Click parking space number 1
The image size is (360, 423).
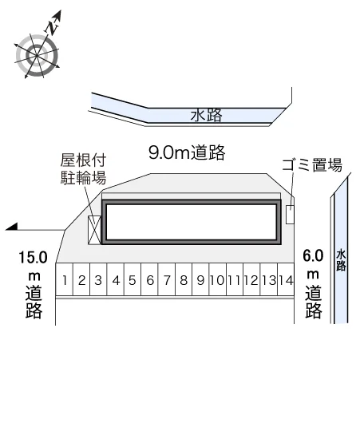pos(64,279)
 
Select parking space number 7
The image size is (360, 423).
pos(167,279)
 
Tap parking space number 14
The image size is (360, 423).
pos(286,279)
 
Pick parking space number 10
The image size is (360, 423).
pos(218,279)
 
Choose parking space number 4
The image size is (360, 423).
pos(116,279)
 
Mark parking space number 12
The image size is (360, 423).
pos(251,279)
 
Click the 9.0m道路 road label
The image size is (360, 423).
pos(187,152)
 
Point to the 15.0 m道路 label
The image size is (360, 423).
pos(34,285)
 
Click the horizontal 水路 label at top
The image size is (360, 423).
pos(206,115)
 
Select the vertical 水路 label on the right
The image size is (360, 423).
pos(341,260)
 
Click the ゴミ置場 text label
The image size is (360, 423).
pos(312,164)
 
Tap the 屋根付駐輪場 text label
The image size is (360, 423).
pos(83,169)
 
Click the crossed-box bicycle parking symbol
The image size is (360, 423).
pos(94,230)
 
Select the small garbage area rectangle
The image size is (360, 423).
pos(290,214)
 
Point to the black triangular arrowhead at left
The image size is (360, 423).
pos(12,227)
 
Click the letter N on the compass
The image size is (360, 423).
pos(52,27)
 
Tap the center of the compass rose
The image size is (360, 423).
pos(37,55)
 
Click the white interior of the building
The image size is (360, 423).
pos(192,222)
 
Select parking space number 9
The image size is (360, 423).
pos(200,279)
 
